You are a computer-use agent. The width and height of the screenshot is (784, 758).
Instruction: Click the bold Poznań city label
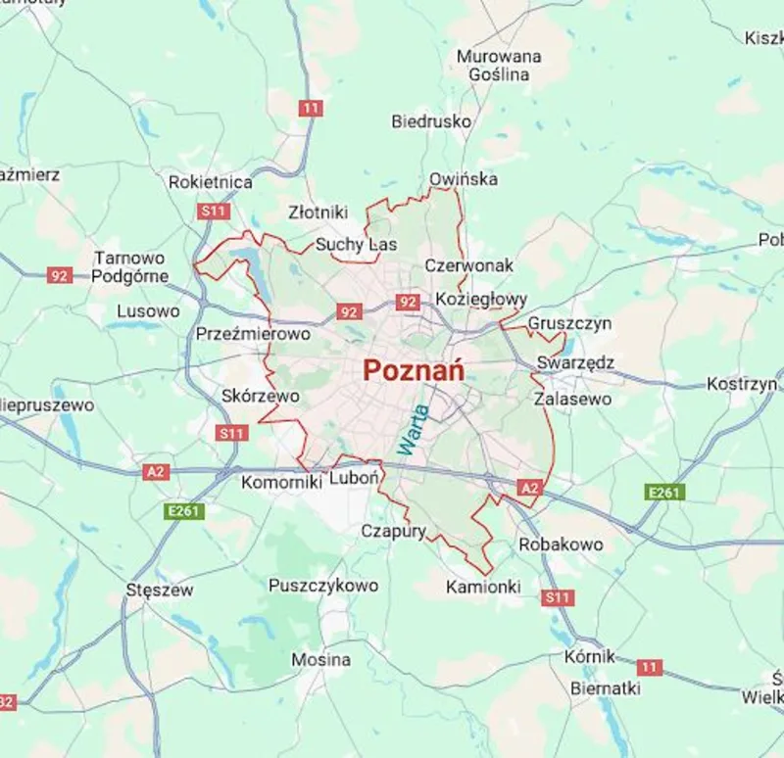pos(414,370)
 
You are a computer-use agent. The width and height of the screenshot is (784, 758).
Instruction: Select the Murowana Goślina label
pos(499,66)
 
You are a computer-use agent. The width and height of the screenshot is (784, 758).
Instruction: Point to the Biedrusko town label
pos(431,122)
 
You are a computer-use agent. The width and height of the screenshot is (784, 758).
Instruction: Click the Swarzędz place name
pos(575,363)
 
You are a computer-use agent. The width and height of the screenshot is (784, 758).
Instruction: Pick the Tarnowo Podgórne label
pos(129,266)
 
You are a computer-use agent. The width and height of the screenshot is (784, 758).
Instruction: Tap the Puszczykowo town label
pos(323,586)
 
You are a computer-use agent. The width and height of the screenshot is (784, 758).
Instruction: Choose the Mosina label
pos(320,660)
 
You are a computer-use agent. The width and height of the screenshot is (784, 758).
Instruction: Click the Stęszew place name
pos(160,591)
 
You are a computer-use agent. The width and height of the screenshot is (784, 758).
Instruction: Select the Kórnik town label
pos(590,656)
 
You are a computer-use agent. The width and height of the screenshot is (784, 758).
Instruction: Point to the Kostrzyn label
pos(742,384)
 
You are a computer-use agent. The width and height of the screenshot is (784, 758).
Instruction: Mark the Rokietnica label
pos(211,182)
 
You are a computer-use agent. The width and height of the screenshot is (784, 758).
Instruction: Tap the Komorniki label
pos(282,482)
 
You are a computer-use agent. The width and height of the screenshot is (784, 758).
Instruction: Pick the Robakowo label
pos(561,544)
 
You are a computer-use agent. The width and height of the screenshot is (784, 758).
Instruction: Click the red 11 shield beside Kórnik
pos(649,667)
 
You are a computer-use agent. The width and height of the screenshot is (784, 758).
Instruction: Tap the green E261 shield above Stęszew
pos(183,510)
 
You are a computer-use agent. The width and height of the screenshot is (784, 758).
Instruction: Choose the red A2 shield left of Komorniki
pos(156,472)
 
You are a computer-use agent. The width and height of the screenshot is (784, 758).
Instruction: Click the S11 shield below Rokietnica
pos(213,211)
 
